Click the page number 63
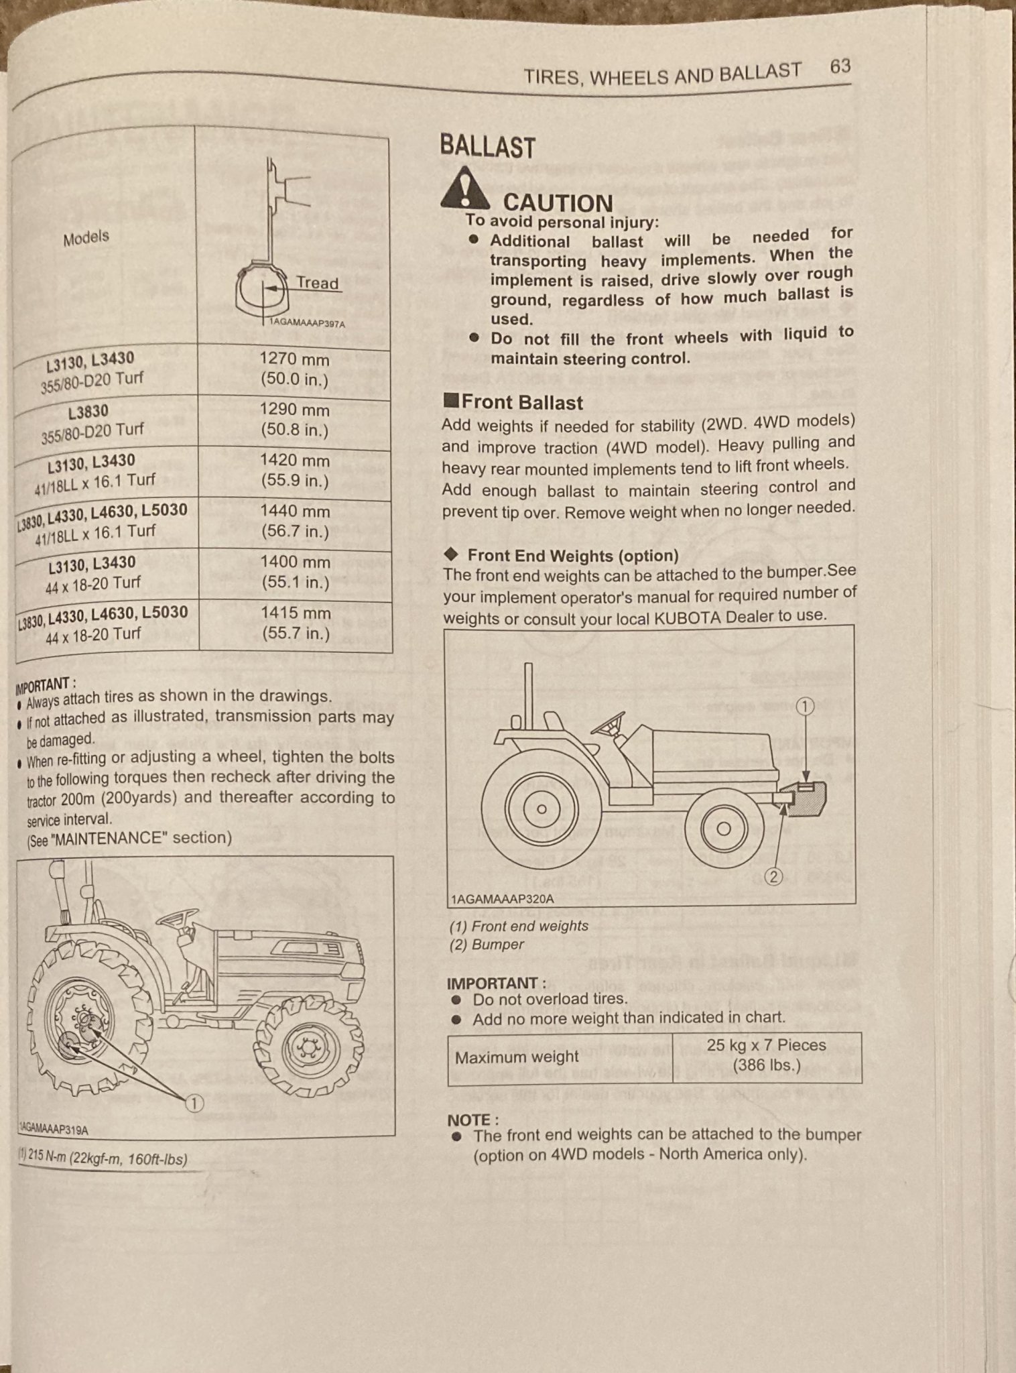840,66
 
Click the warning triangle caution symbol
464,188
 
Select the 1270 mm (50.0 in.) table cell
294,369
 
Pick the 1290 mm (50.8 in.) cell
295,420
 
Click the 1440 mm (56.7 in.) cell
295,522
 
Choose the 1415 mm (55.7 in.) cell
296,623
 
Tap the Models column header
86,238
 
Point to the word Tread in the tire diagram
317,283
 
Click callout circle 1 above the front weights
806,706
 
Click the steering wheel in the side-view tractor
608,725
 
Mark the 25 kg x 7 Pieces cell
766,1055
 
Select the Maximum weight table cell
517,1057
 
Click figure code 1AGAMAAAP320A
503,899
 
